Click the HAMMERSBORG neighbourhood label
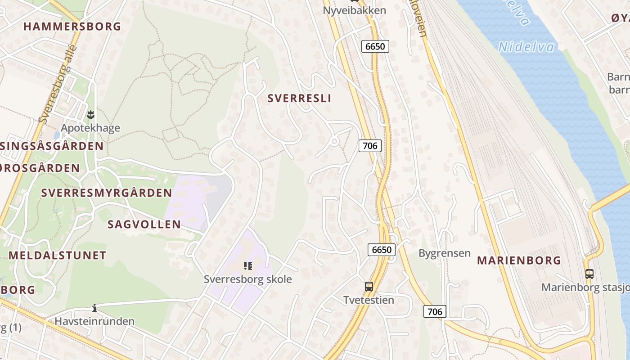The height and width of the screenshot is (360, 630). coord(72,27)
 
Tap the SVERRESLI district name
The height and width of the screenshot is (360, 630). coord(299,99)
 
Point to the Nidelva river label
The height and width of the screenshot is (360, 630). coord(526,47)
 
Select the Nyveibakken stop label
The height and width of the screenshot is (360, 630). coord(355,10)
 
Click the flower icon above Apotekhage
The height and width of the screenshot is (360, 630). coord(90,114)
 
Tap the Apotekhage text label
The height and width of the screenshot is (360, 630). coord(90,128)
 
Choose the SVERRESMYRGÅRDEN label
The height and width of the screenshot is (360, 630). coord(106,193)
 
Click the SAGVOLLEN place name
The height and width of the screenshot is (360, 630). coord(144,224)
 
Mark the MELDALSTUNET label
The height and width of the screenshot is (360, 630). coord(57,256)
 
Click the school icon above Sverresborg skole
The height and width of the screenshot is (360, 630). coord(247,266)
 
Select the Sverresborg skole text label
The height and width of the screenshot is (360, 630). coord(247,279)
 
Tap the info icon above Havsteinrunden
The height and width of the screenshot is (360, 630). coord(94,308)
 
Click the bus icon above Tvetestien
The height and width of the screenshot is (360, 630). coord(369,286)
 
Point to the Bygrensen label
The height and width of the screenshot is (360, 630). coord(444,253)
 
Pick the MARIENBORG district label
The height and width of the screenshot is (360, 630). coord(519,261)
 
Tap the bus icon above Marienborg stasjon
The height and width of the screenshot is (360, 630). coord(589,274)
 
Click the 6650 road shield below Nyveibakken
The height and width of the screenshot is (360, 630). coord(375,46)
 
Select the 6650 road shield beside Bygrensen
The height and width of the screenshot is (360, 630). coord(382,250)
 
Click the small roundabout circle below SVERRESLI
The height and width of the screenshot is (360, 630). coord(334,141)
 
